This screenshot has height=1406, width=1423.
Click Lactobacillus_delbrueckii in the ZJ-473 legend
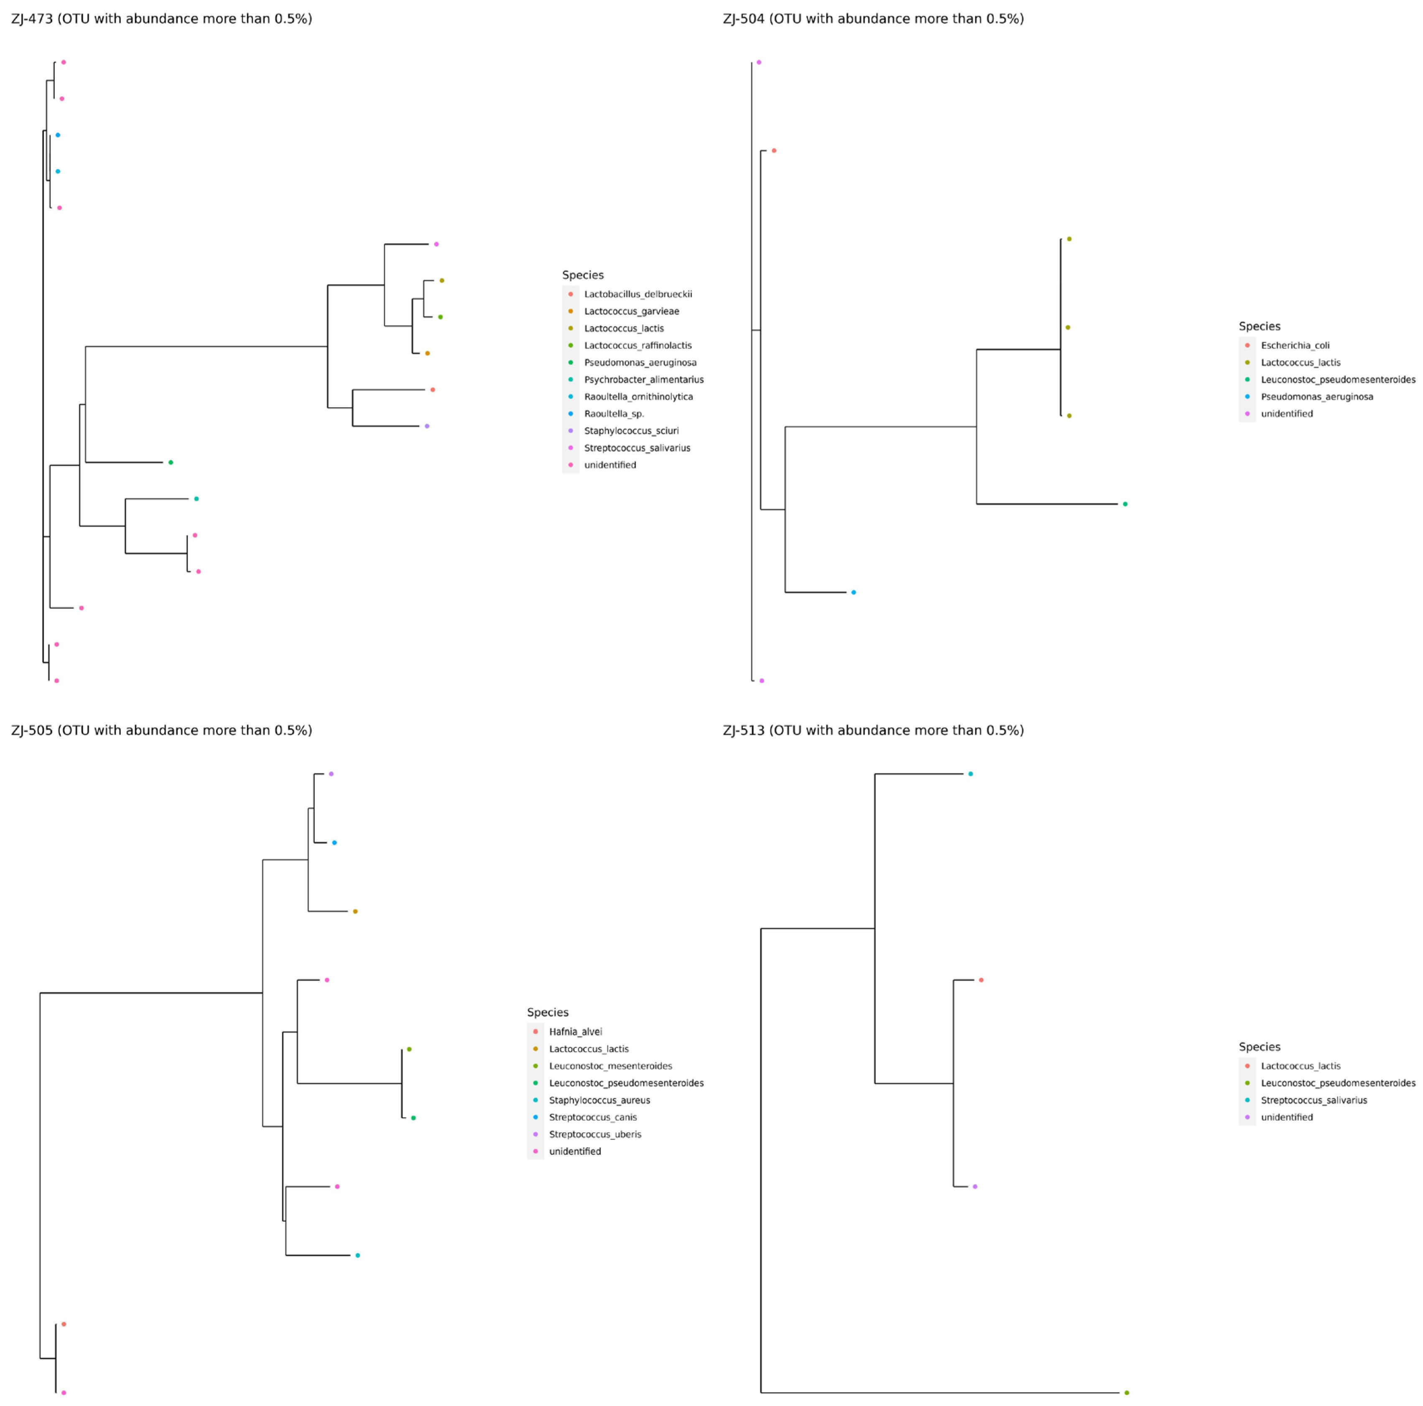pos(638,294)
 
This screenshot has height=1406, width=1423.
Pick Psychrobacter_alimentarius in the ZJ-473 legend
pos(644,380)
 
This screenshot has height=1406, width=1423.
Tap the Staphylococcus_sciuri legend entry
pos(631,431)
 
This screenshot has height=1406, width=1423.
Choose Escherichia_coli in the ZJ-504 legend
pos(1295,345)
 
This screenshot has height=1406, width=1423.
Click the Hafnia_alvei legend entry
pos(575,1032)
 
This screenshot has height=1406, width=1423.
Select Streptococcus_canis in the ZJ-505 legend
pos(593,1117)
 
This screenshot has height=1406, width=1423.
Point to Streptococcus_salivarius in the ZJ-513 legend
pos(1313,1100)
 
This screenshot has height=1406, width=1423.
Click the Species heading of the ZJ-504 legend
pos(1260,326)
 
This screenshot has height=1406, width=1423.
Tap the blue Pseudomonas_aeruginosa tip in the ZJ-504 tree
pos(854,592)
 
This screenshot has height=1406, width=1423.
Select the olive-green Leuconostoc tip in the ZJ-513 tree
pos(1126,1393)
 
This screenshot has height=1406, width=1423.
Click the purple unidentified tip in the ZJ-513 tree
pos(975,1187)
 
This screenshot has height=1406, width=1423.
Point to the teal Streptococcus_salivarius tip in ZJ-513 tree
pos(971,774)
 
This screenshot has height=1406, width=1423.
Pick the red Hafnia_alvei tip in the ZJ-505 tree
pos(64,1324)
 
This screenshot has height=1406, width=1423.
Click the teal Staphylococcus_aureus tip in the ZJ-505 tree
pos(357,1255)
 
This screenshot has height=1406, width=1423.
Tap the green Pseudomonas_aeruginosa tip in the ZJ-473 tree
pos(171,463)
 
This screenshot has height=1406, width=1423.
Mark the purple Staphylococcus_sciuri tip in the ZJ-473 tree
pos(427,426)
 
